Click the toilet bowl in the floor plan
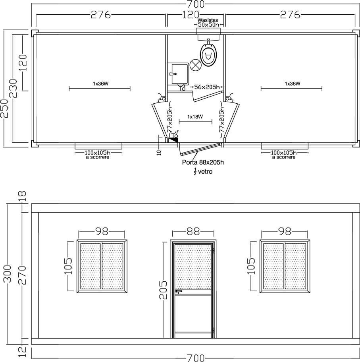click(x=208, y=55)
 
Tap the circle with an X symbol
click(x=196, y=65)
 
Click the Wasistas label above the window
click(x=208, y=20)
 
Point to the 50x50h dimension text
click(x=208, y=25)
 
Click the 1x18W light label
click(x=195, y=116)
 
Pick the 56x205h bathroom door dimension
click(x=207, y=87)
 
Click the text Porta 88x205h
click(x=203, y=162)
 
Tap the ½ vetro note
click(x=203, y=172)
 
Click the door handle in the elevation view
click(x=179, y=292)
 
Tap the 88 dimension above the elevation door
click(x=193, y=232)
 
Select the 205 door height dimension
click(x=164, y=290)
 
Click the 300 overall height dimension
click(x=8, y=274)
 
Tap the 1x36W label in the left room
click(x=100, y=83)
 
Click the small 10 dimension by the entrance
click(x=159, y=153)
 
